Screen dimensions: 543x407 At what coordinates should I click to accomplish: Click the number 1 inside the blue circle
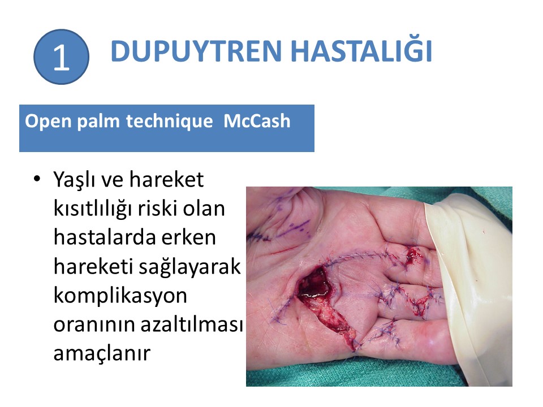[x=61, y=58]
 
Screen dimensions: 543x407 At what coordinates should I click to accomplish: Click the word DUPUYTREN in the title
[x=196, y=51]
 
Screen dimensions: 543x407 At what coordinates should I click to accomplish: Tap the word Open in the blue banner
[x=48, y=122]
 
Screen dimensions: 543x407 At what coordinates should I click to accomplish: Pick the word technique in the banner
[x=169, y=122]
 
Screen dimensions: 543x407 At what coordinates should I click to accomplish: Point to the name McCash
[x=257, y=121]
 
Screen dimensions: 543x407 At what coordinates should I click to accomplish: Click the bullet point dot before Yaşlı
[x=37, y=179]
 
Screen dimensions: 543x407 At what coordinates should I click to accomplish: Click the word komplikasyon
[x=120, y=297]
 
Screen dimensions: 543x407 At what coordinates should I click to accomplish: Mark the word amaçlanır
[x=102, y=354]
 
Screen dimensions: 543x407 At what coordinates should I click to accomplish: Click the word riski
[x=157, y=209]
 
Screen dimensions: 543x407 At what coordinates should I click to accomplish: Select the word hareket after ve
[x=166, y=180]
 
